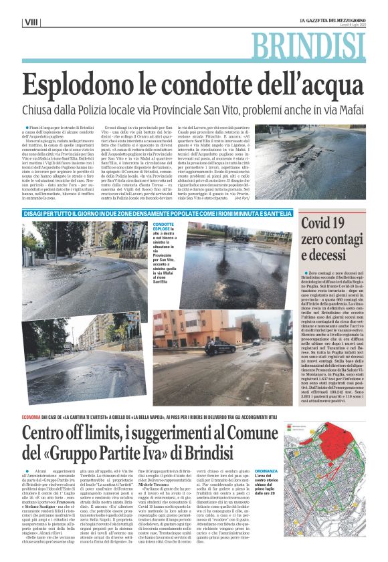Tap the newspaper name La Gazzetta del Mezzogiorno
[x=331, y=21]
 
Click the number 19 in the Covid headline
[x=350, y=224]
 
